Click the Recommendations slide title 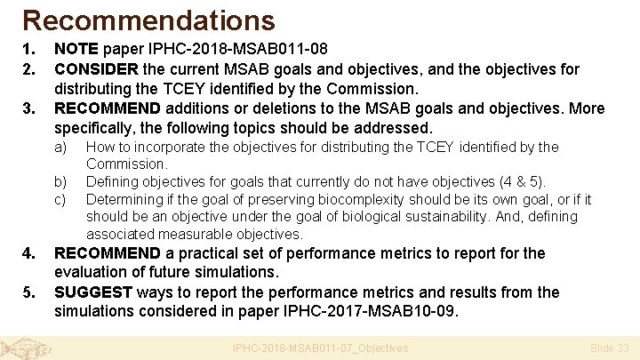click(148, 20)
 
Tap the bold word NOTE click(75, 49)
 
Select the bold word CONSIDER click(96, 68)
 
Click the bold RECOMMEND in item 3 click(108, 108)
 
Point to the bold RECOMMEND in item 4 click(108, 253)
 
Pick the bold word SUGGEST click(93, 292)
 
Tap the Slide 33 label click(610, 348)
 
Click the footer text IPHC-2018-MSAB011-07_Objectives click(319, 348)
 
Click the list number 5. click(28, 292)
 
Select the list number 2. click(28, 68)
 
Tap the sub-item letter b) click(61, 181)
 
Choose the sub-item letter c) click(61, 199)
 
